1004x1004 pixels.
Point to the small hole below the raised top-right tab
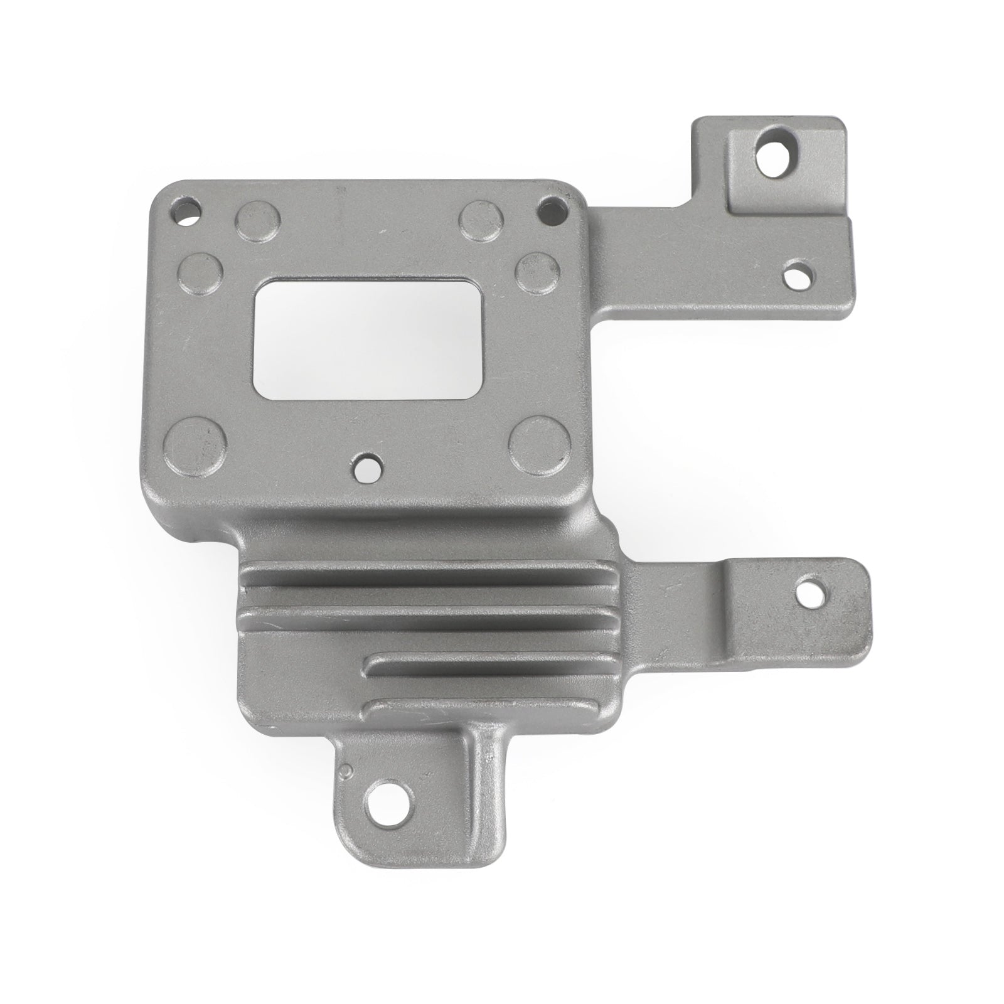(x=797, y=273)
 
